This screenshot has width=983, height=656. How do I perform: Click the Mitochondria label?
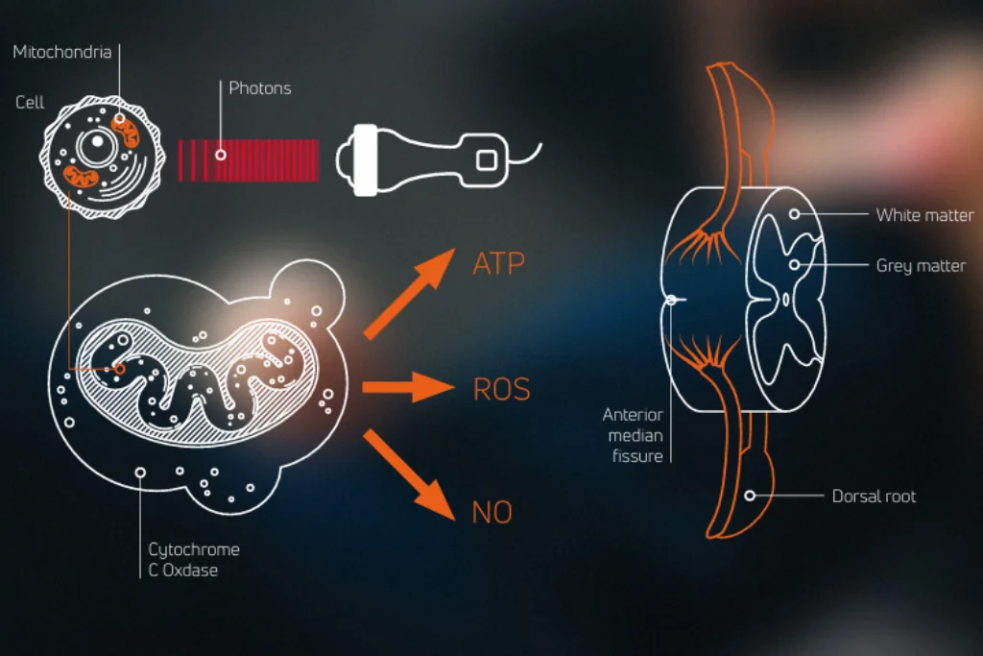pos(61,52)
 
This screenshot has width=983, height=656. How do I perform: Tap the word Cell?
pos(30,103)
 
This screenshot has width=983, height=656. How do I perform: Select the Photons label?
pos(259,88)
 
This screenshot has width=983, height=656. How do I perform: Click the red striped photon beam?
pos(249,159)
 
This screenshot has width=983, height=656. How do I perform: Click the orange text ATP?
pos(499,264)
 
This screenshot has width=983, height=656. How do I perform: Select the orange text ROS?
pos(501,389)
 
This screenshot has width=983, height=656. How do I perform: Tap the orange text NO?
pos(491,512)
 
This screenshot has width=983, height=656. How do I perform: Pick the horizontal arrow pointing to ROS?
pos(407,388)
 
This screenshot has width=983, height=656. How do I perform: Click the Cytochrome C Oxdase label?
pos(193,560)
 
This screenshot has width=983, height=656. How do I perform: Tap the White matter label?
pos(923,215)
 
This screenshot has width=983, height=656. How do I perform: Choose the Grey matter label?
pos(920,265)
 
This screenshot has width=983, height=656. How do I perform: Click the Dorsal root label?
pos(873,497)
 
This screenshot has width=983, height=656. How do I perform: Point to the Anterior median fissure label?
pos(633,435)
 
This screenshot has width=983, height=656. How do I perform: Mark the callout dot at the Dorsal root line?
pos(751,496)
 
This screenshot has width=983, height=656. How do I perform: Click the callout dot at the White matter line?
pos(795,213)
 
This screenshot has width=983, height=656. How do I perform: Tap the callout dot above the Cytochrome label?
pos(141,473)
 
